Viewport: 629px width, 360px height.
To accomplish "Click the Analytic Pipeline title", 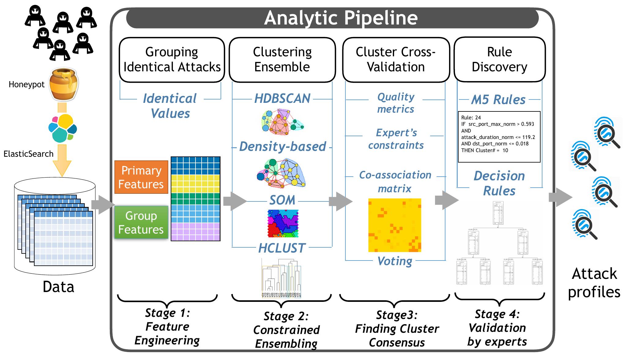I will [341, 18].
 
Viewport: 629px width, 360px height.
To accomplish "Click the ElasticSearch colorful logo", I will [63, 128].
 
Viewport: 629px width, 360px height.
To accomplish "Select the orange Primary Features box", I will [141, 177].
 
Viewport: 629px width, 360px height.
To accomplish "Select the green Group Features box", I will [141, 223].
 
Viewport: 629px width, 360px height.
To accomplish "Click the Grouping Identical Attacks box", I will [172, 60].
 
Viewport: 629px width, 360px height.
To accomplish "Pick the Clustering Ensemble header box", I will [282, 60].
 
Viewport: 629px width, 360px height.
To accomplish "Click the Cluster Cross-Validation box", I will [396, 60].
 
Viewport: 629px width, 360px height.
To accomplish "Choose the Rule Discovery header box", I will [499, 60].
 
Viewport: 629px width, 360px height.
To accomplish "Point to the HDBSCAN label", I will [282, 99].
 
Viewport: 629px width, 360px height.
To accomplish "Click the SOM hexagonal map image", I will [283, 223].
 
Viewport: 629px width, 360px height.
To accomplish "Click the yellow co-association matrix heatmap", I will [395, 225].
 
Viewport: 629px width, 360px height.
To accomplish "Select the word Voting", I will [395, 261].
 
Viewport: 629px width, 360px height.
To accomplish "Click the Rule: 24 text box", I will [499, 137].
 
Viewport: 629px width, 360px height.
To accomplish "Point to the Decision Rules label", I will [499, 183].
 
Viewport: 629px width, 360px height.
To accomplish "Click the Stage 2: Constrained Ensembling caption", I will [286, 330].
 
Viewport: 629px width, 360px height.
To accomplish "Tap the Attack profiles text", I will [594, 283].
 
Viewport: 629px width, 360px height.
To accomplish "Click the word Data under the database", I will [58, 287].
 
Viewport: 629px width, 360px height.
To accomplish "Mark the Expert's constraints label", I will [396, 139].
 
